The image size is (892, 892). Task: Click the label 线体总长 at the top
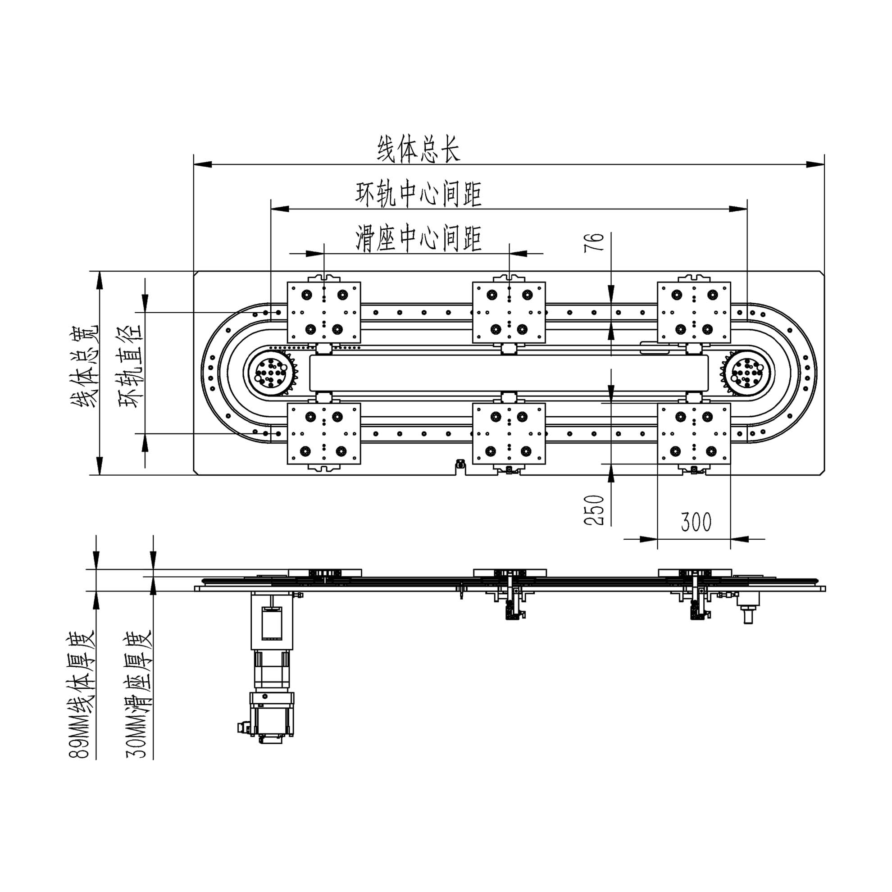(419, 149)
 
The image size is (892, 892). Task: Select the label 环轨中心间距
(419, 194)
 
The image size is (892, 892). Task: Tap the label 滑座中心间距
(419, 238)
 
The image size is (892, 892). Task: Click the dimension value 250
(594, 510)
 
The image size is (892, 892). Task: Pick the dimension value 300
(696, 522)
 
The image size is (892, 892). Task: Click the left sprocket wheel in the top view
(273, 372)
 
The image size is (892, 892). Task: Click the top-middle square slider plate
(509, 313)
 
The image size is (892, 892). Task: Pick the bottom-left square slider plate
(323, 433)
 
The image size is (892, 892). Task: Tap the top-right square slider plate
(693, 313)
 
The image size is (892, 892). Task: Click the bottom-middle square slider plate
(509, 433)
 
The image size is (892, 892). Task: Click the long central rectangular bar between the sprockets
(509, 372)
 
